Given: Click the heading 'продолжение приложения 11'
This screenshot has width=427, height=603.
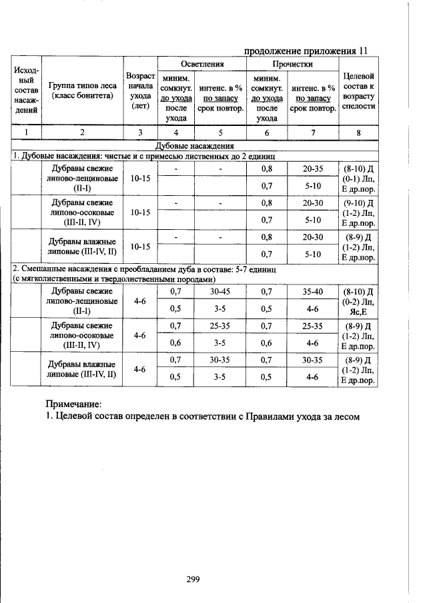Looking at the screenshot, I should [306, 51].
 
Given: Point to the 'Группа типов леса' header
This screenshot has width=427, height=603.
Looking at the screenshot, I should [83, 90].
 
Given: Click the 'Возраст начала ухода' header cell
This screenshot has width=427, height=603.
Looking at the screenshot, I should [141, 90].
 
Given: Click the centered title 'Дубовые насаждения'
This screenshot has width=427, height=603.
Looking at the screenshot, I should [193, 145].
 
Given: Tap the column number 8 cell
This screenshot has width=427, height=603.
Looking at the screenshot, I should [358, 133].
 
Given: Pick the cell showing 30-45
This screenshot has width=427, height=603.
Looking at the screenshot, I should [220, 291].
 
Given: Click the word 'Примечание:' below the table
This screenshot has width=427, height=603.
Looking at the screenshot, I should [73, 404].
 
